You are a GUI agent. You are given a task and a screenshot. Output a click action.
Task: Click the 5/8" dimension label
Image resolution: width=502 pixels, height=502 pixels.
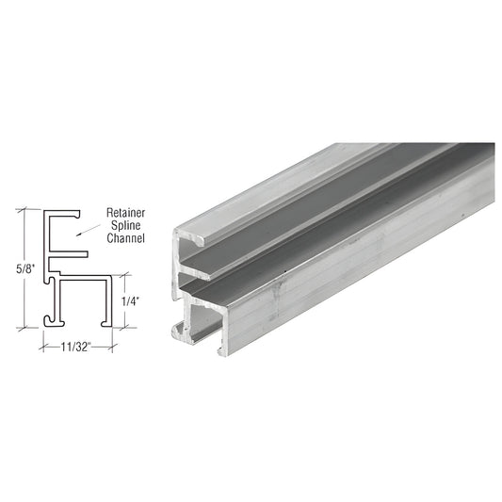25,268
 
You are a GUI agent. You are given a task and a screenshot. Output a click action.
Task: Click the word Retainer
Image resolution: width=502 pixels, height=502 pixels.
126,213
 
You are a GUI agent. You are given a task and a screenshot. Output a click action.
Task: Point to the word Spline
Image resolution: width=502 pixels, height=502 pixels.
126,225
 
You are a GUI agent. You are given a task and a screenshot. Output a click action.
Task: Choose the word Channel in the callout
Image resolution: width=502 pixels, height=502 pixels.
126,238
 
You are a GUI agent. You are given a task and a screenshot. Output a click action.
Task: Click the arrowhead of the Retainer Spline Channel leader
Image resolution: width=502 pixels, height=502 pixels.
78,235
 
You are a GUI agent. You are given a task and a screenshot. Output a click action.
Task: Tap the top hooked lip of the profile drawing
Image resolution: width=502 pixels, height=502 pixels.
76,214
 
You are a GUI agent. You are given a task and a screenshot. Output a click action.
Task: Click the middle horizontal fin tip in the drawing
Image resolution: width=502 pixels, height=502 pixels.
86,254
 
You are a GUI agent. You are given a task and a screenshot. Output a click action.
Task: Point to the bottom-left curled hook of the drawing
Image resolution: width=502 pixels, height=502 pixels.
48,320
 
